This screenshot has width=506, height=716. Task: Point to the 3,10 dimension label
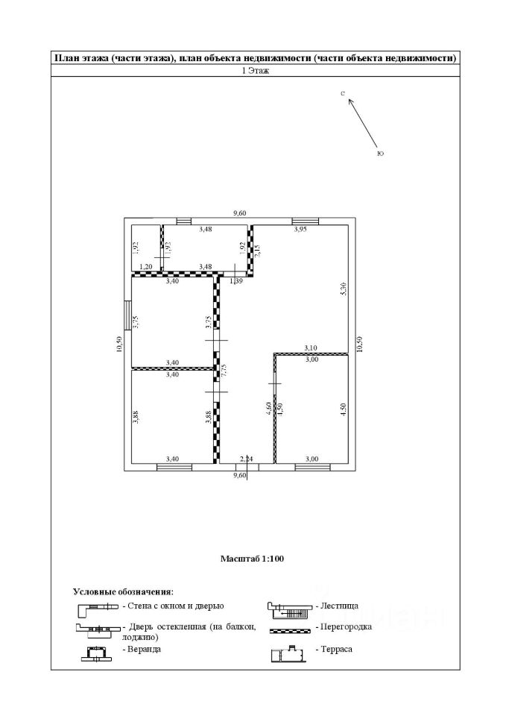pos(311,348)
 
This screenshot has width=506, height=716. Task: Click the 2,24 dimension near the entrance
pos(247,459)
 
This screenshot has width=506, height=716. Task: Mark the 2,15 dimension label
pos(257,251)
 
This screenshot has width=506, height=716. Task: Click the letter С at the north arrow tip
pos(342,95)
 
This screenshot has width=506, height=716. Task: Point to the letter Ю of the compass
pos(380,154)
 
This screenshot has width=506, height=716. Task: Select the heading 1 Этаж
pos(253,71)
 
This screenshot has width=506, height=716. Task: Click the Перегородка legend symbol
pos(290,630)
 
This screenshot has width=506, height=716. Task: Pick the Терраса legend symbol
pos(290,653)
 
